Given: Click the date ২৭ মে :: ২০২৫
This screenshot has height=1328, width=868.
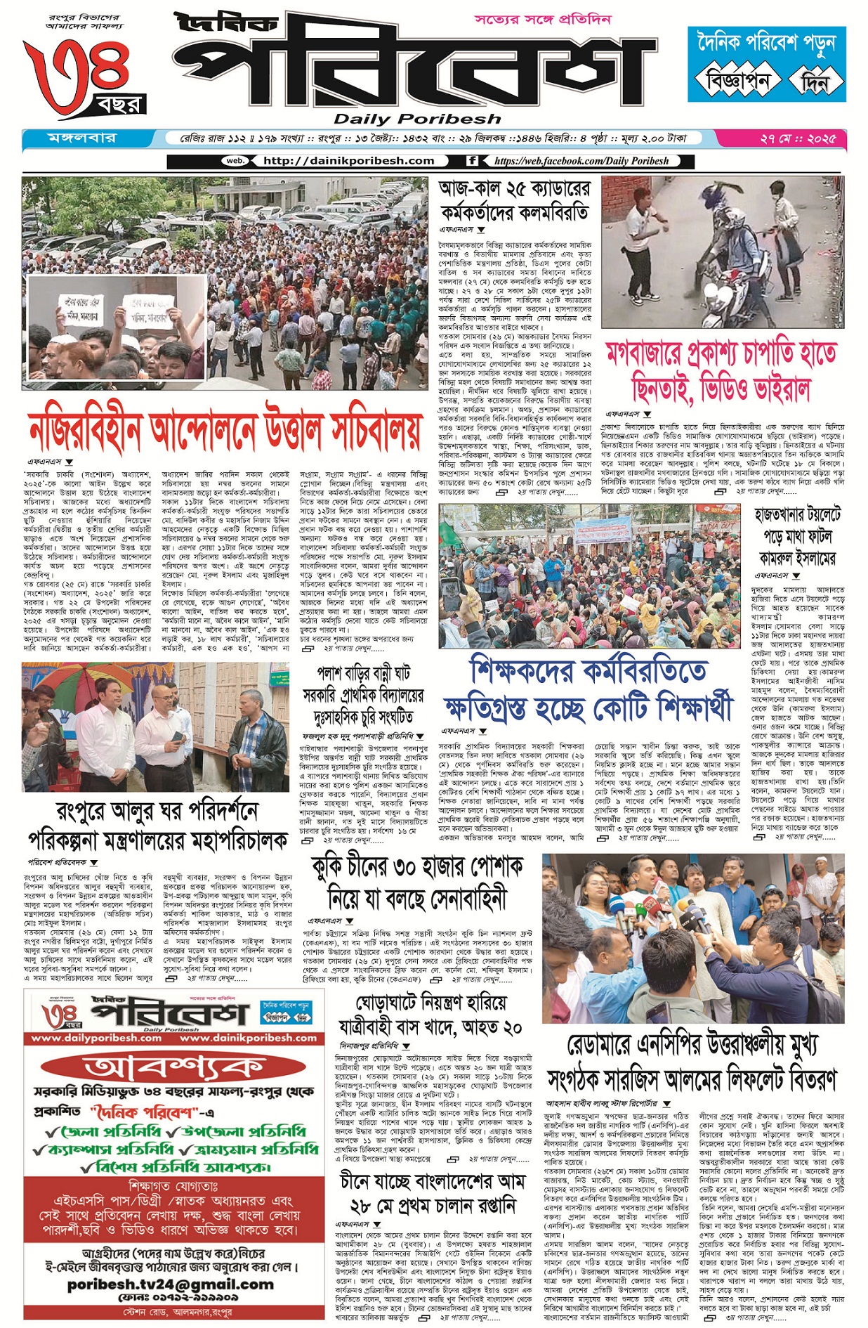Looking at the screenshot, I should pyautogui.click(x=798, y=139).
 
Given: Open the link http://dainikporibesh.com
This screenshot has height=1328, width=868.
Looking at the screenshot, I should pyautogui.click(x=348, y=161).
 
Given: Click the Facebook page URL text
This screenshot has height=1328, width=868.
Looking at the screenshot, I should pyautogui.click(x=581, y=161).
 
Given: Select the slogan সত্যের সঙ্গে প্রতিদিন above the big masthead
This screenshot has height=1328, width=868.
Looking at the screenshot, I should pyautogui.click(x=542, y=20).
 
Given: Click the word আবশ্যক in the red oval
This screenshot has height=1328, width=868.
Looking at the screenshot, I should pyautogui.click(x=173, y=1068).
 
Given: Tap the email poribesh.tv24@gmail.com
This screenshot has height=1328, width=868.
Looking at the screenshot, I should pyautogui.click(x=171, y=1284).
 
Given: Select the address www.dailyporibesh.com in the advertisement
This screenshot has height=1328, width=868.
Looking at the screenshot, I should pyautogui.click(x=96, y=1038).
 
